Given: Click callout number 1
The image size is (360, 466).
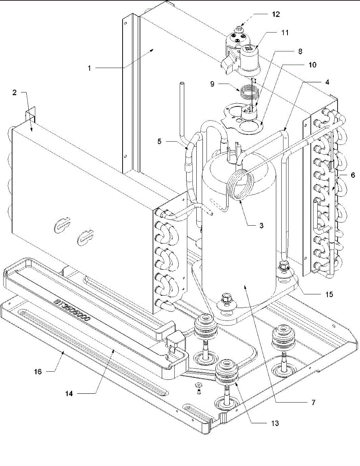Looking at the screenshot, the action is (x=89, y=68).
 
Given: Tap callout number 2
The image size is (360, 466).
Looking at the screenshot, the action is (x=15, y=93).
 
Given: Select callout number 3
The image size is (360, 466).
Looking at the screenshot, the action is (x=261, y=225).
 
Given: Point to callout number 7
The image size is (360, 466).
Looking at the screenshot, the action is (x=313, y=402).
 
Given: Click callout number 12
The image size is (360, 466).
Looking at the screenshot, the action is (x=276, y=14).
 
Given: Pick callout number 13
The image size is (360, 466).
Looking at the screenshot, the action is (x=275, y=423).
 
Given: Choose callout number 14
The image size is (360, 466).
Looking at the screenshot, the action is (x=69, y=393).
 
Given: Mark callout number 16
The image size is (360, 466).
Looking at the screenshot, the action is (x=38, y=371).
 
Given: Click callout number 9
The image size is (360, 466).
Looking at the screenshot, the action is (x=212, y=84).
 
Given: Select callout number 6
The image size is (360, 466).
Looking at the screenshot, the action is (x=353, y=175).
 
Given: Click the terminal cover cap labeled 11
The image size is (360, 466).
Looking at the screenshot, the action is (x=249, y=61).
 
